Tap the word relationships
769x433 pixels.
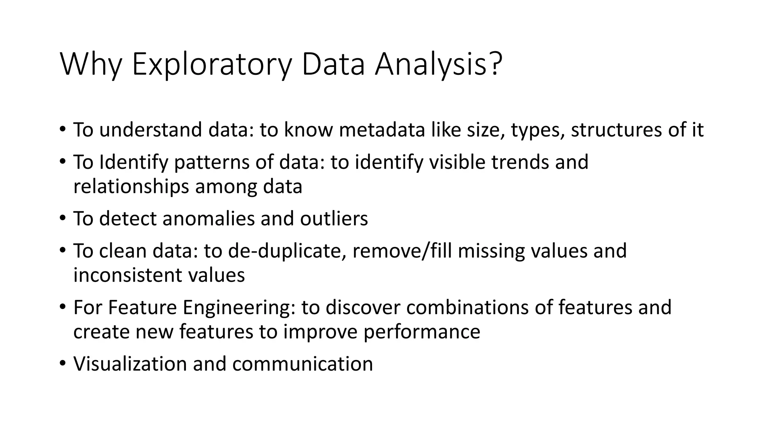131,187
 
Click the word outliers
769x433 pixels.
334,219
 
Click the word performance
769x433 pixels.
422,332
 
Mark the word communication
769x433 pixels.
302,364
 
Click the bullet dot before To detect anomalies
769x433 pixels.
62,218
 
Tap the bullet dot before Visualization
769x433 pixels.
62,363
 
